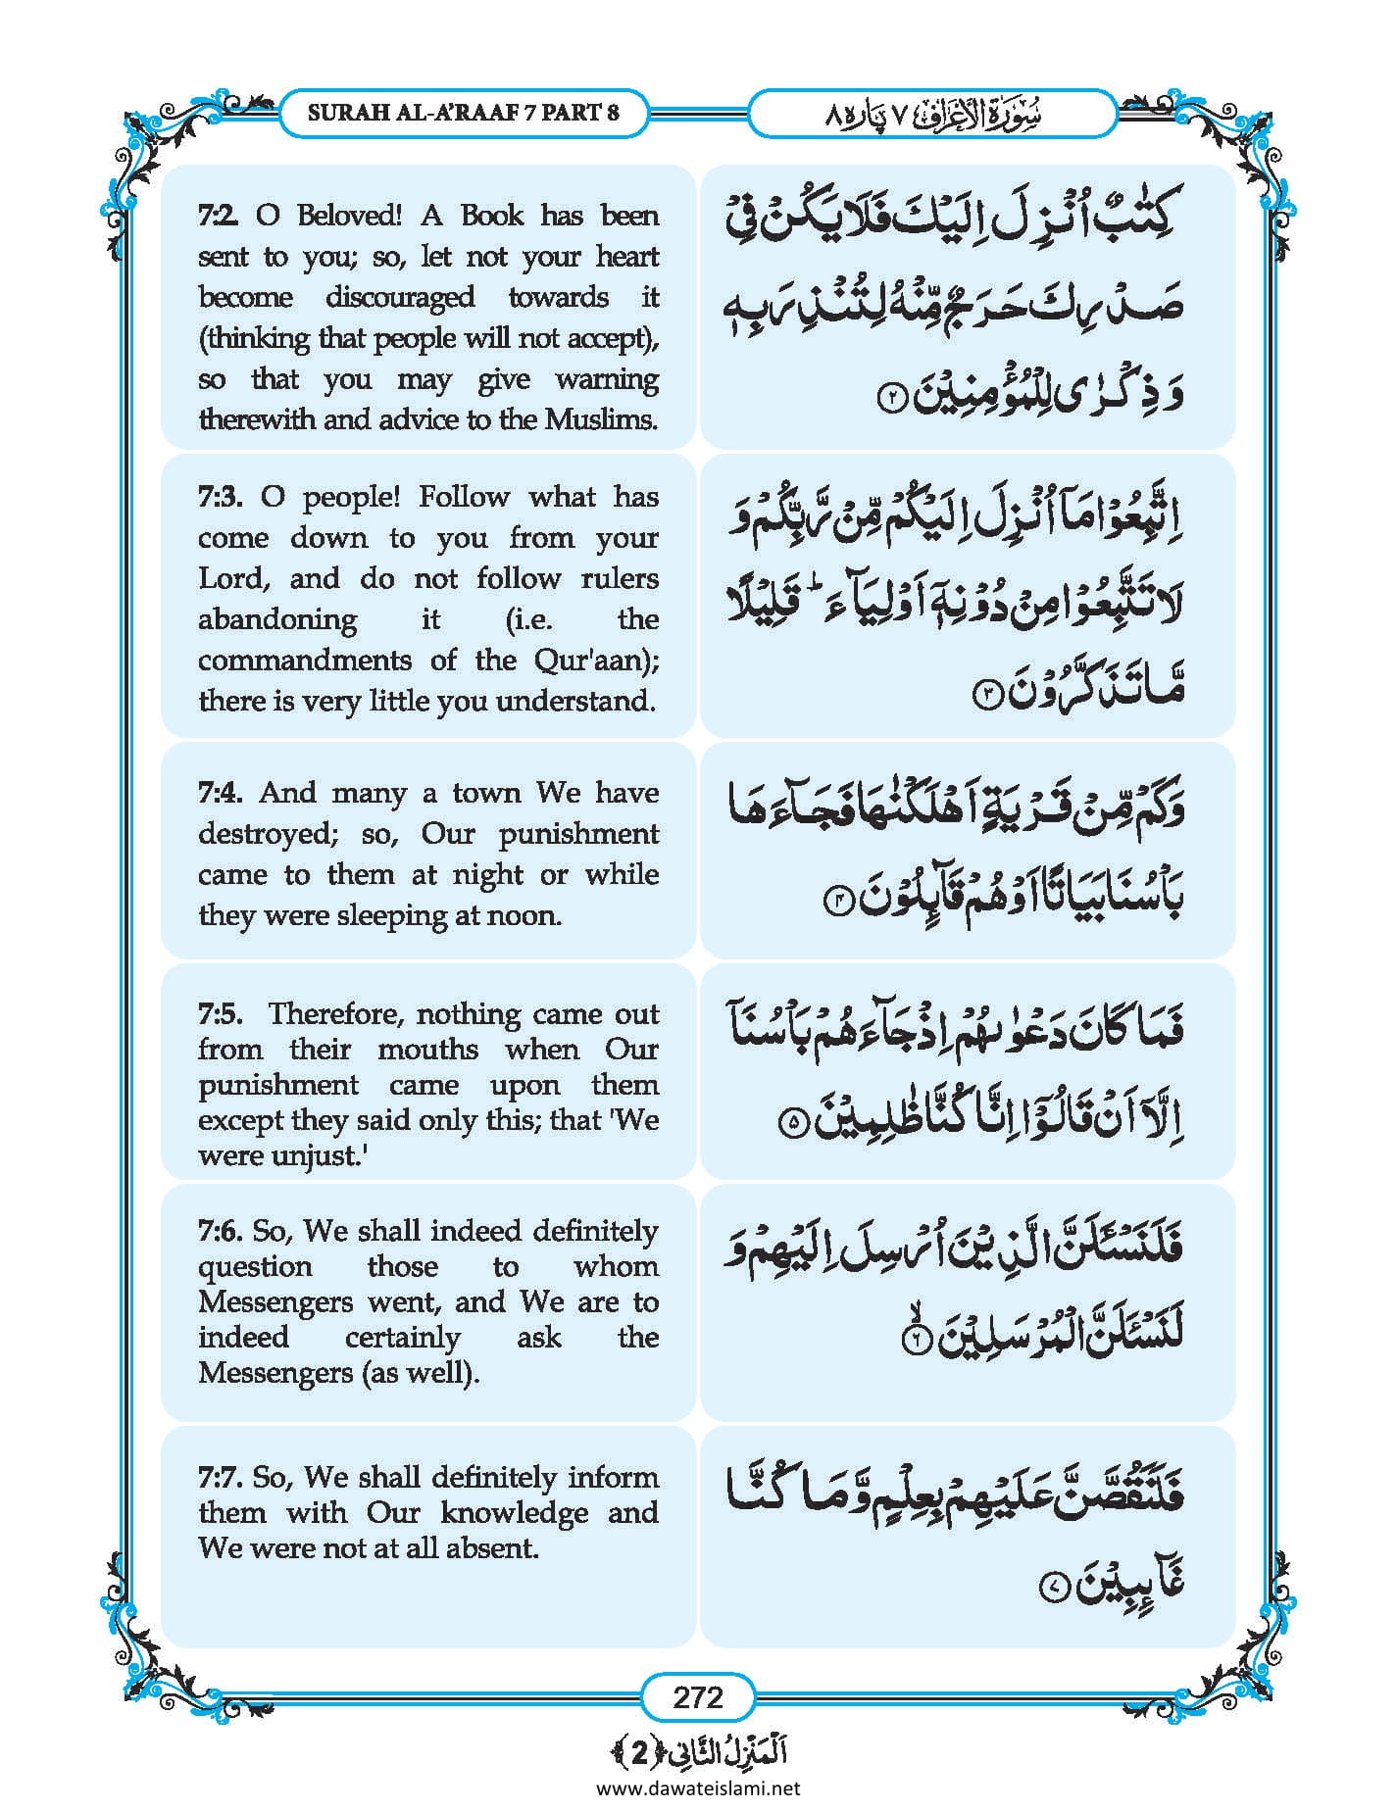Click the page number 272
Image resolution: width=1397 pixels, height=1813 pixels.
(x=697, y=1696)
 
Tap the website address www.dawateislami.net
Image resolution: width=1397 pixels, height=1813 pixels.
(x=698, y=1787)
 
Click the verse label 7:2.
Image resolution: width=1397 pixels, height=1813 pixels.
(x=218, y=216)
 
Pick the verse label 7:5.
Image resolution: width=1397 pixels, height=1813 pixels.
(x=220, y=1013)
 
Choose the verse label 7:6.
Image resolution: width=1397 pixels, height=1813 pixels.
(x=220, y=1231)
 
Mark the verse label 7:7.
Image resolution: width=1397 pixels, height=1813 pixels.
(x=220, y=1477)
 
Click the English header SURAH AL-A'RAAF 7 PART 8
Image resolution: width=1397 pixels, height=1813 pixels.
(x=463, y=113)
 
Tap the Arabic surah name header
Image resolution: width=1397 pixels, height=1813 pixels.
(x=932, y=114)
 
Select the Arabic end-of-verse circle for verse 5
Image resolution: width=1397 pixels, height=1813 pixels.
(x=793, y=1122)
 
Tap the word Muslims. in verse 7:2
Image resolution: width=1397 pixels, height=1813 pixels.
(x=600, y=420)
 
